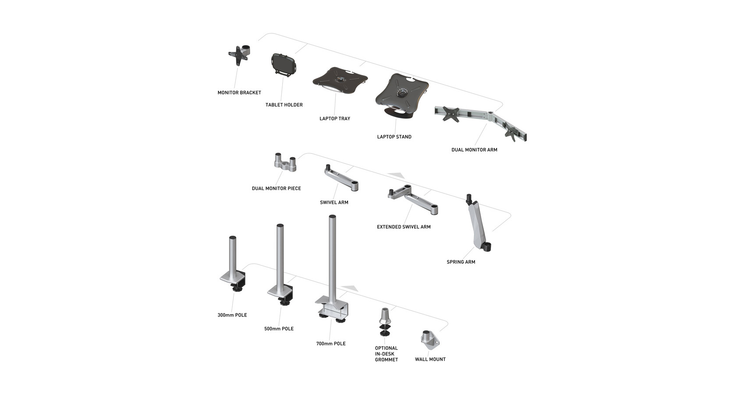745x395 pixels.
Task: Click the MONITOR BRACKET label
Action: (x=239, y=93)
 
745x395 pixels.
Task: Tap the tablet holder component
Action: (x=284, y=65)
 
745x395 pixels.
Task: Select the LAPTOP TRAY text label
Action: (x=334, y=118)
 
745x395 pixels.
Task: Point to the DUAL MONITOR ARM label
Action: (x=474, y=150)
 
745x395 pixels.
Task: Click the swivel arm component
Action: (x=341, y=178)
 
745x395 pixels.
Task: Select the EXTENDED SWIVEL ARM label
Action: (x=404, y=227)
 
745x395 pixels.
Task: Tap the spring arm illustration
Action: (x=478, y=223)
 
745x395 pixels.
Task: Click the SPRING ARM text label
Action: (x=461, y=262)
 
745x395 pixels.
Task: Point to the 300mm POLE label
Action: (x=232, y=315)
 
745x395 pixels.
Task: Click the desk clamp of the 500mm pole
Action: (x=280, y=295)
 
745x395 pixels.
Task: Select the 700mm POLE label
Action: (x=330, y=344)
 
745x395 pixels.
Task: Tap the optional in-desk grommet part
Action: (x=385, y=322)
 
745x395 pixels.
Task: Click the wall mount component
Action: (x=430, y=340)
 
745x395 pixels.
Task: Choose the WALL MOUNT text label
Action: (x=430, y=359)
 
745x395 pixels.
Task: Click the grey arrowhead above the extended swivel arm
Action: (x=397, y=175)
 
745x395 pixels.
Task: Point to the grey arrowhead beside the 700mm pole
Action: (x=350, y=288)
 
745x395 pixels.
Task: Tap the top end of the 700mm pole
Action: (x=332, y=217)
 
